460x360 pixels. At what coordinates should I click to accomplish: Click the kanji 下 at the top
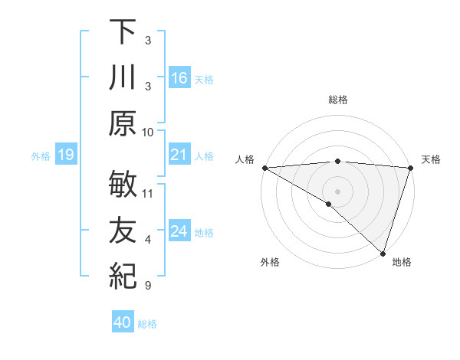[x=123, y=33]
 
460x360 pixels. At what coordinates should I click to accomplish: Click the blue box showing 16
[x=179, y=78]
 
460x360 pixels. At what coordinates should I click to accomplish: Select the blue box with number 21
[x=179, y=155]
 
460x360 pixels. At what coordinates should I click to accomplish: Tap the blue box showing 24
[x=179, y=232]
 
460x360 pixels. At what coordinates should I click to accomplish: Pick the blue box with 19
[x=66, y=155]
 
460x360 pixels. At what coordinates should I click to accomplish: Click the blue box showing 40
[x=123, y=323]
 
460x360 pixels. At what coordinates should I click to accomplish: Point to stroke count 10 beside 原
[x=148, y=132]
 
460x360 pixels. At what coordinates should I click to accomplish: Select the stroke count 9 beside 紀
[x=148, y=286]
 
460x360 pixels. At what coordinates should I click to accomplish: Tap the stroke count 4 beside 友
[x=148, y=240]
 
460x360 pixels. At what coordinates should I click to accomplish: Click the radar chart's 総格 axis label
[x=338, y=100]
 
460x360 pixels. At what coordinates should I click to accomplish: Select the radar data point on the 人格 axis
[x=264, y=168]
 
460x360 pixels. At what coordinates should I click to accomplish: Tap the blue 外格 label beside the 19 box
[x=41, y=156]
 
